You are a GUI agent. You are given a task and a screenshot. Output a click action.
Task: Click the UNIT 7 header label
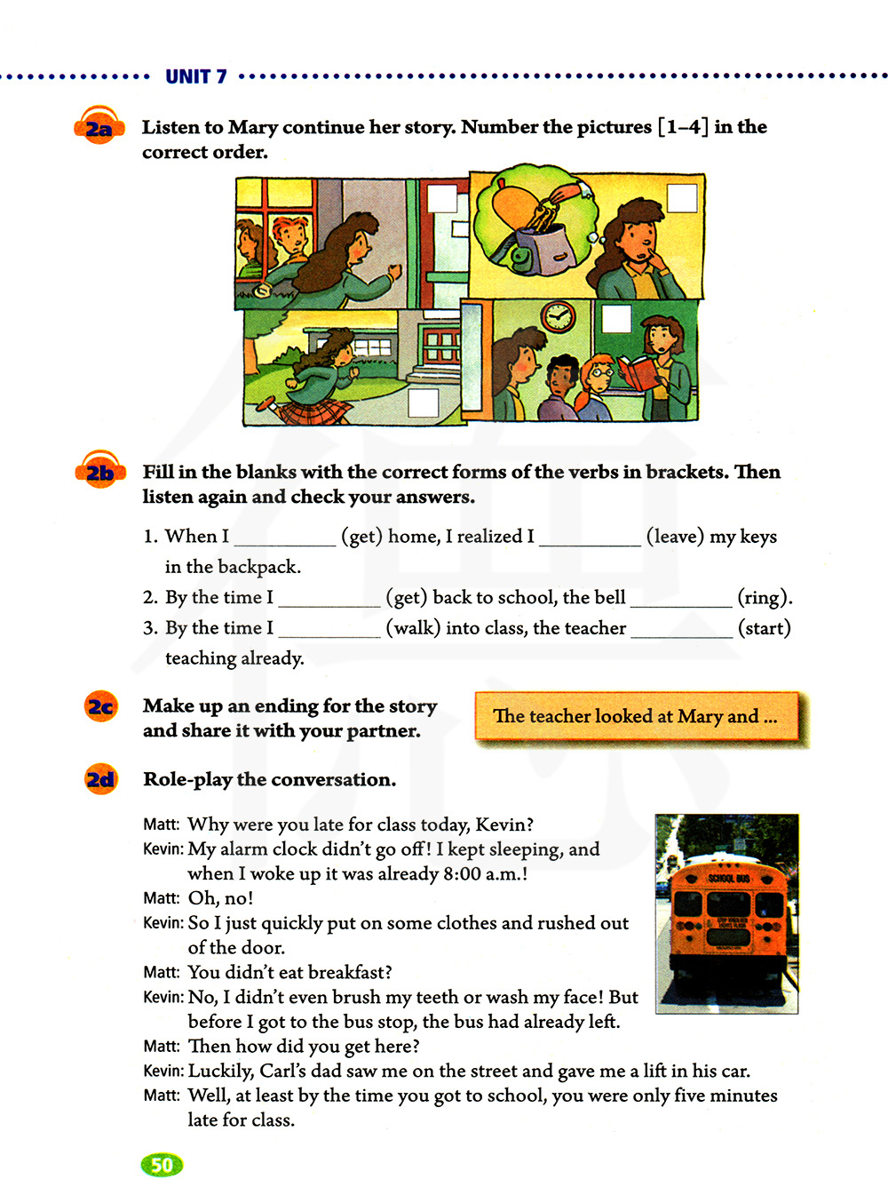[x=195, y=76]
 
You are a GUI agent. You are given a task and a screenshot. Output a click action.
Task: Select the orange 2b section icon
[x=99, y=471]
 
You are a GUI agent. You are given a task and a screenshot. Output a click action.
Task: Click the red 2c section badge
[x=100, y=706]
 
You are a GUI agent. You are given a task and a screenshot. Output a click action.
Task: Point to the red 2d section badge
[x=100, y=779]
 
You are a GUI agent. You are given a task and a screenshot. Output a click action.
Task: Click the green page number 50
[x=162, y=1165]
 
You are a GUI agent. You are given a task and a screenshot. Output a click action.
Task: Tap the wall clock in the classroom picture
[x=558, y=315]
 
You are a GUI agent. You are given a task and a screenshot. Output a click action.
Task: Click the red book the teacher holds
[x=638, y=371]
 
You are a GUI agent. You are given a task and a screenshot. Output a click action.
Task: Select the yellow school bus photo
[x=726, y=912]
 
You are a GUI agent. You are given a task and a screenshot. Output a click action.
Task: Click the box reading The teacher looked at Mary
[x=636, y=716]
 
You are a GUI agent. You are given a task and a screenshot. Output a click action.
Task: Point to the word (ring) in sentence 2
[x=764, y=597]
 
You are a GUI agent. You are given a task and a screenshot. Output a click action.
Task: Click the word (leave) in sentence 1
[x=675, y=537]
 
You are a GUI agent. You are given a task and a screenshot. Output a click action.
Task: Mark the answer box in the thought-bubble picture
[x=682, y=197]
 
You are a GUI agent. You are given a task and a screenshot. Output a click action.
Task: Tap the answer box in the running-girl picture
[x=423, y=402]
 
